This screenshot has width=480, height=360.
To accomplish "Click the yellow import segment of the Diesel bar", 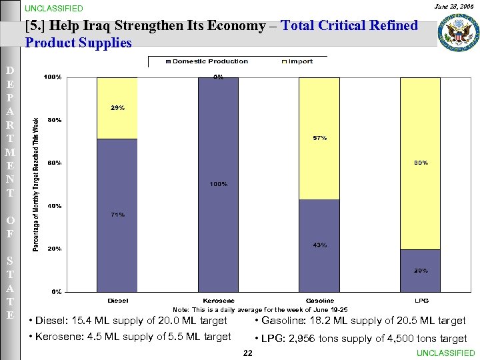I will click(x=117, y=108).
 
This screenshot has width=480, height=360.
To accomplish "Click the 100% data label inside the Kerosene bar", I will click(x=218, y=184).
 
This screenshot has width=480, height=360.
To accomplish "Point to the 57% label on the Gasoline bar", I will click(x=319, y=138).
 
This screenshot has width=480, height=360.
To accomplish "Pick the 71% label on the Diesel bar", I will click(x=117, y=215).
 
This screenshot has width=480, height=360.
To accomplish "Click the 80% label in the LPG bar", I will click(x=421, y=163).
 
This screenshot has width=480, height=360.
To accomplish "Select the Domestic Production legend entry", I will click(x=206, y=61).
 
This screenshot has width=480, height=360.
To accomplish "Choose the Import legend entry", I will click(x=297, y=61).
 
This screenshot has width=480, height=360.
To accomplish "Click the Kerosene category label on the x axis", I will click(x=218, y=301).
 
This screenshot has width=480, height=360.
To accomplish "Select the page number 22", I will click(x=247, y=353).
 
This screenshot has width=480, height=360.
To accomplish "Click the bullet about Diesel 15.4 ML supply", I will click(x=131, y=321).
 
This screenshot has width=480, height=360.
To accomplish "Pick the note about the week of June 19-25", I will click(x=260, y=310).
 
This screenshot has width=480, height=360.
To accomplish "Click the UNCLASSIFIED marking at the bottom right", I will click(x=445, y=353).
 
